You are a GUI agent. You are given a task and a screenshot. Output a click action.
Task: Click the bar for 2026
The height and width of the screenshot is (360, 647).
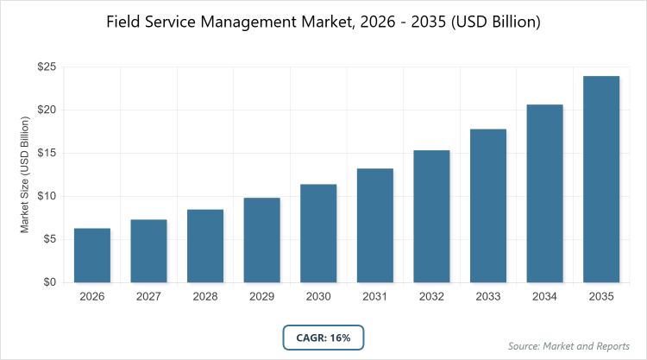coord(92,256)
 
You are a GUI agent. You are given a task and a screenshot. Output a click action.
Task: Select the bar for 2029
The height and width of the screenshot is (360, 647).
coord(262,240)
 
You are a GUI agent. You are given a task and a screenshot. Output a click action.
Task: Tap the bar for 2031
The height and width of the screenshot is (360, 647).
coord(375,225)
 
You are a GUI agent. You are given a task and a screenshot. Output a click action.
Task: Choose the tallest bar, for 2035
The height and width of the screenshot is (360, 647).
coord(601,180)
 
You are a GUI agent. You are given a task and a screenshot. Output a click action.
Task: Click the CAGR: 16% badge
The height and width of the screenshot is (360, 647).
coord(323,338)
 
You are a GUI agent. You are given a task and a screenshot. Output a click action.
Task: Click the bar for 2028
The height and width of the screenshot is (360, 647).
coord(205,246)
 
